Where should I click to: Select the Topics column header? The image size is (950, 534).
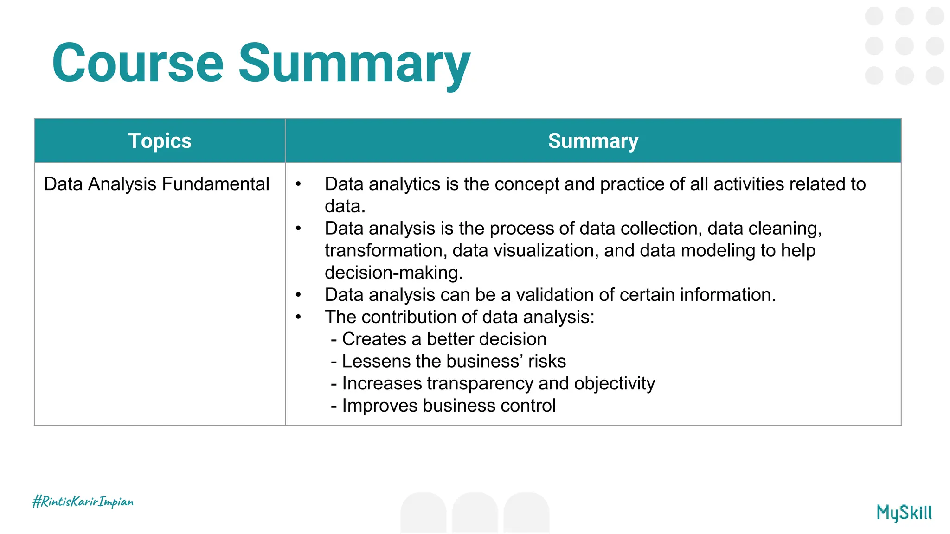(160, 141)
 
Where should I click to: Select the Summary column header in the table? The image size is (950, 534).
(593, 141)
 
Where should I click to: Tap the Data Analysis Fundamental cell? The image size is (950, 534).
(156, 184)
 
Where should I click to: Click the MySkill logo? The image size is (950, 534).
(904, 513)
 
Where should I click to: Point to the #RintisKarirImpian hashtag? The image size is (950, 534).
(83, 502)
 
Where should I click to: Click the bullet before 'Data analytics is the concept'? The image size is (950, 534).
(298, 184)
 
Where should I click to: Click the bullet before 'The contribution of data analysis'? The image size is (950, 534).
(298, 317)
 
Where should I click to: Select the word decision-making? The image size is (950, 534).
(393, 273)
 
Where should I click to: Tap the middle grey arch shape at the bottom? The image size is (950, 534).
(475, 512)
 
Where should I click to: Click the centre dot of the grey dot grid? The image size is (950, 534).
(904, 46)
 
